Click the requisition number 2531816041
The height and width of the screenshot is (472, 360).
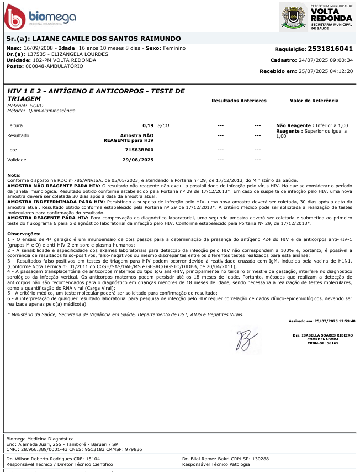click(330, 49)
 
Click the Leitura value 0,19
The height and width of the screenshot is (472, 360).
click(147, 126)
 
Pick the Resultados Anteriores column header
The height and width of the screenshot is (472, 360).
click(239, 101)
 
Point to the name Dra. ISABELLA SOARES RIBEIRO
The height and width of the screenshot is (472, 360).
click(323, 335)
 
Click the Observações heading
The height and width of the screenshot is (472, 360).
click(23, 234)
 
